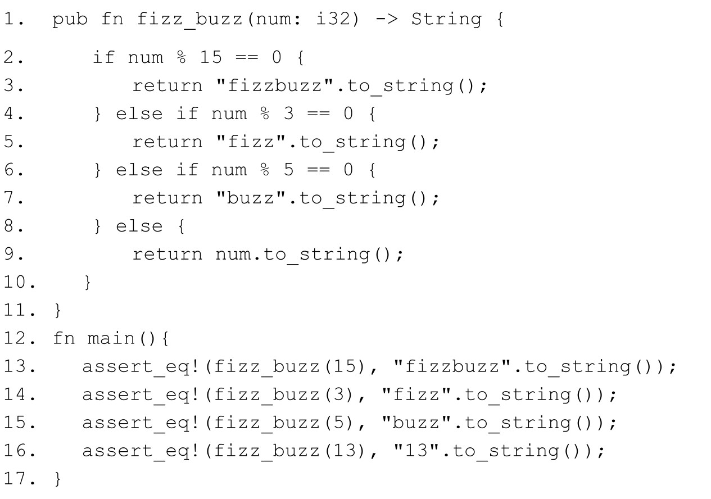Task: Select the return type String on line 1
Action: click(x=446, y=20)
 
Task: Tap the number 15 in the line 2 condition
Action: click(x=215, y=57)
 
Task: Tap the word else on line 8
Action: click(x=139, y=226)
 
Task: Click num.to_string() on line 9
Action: click(x=310, y=254)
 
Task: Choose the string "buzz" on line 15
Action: click(x=416, y=423)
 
